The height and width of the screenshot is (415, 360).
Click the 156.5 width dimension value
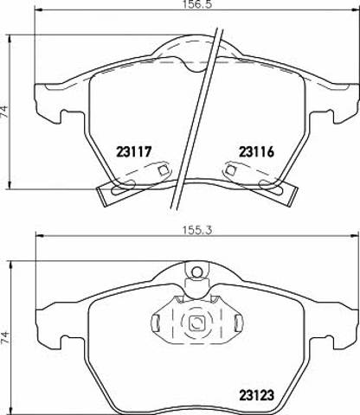(x=197, y=5)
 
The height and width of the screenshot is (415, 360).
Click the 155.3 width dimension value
(x=197, y=230)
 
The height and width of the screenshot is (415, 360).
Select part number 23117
(x=134, y=151)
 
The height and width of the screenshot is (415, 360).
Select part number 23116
(x=256, y=151)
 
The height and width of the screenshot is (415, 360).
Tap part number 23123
(x=256, y=395)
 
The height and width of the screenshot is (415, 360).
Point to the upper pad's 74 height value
(x=5, y=112)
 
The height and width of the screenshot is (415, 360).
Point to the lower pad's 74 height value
(x=5, y=337)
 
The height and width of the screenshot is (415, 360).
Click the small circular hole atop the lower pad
(x=197, y=271)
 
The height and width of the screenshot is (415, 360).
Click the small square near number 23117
(x=164, y=170)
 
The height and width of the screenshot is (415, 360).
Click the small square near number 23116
(x=230, y=170)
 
